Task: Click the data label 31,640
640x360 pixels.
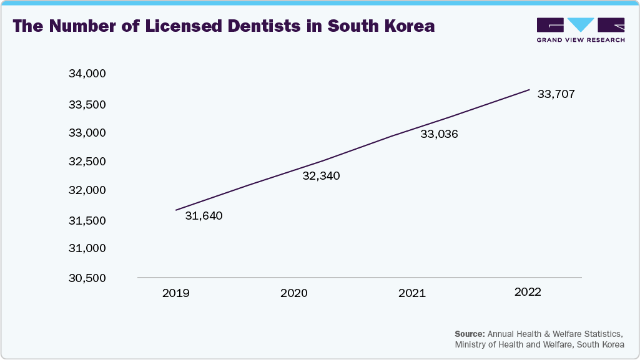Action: (x=204, y=216)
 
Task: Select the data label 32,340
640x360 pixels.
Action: (x=321, y=176)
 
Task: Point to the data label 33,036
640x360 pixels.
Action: (x=439, y=134)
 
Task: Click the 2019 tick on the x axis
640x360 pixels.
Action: (x=175, y=293)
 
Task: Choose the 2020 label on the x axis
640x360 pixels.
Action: (x=293, y=293)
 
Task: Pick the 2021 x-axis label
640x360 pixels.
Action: (x=411, y=293)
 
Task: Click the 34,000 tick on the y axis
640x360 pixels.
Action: (x=87, y=74)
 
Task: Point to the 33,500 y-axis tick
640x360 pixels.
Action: (x=87, y=104)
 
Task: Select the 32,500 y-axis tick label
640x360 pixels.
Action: (x=87, y=162)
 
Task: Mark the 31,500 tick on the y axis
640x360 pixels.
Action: (x=87, y=220)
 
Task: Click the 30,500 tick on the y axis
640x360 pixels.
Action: (x=87, y=278)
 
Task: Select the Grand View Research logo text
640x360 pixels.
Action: (x=581, y=39)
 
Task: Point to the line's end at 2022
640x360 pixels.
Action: (x=529, y=89)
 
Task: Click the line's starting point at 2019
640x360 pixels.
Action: (x=175, y=210)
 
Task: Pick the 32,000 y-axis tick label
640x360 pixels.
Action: (x=87, y=190)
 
